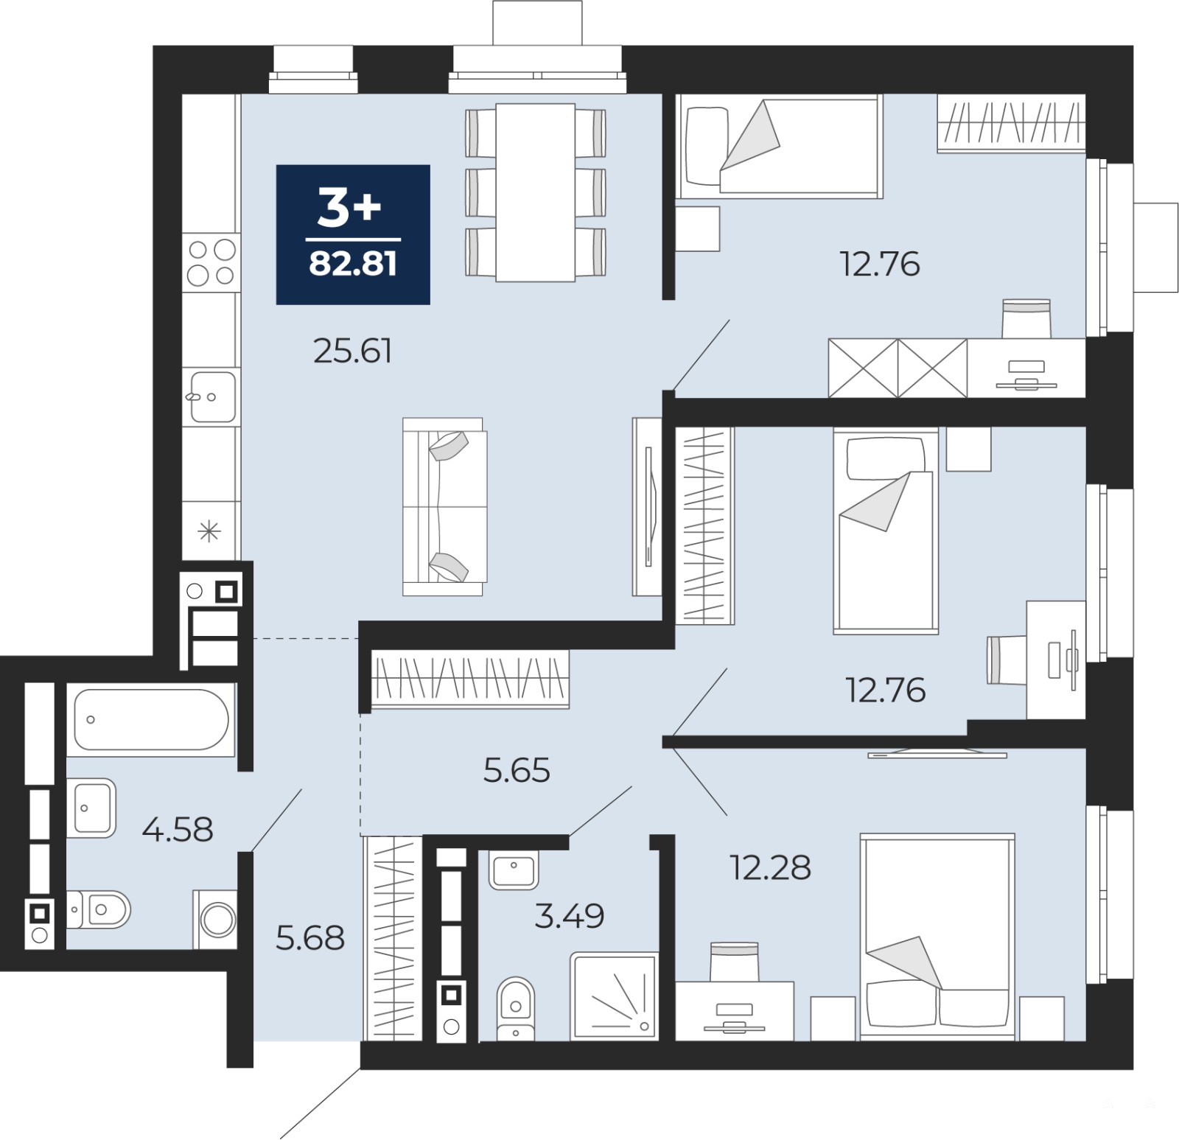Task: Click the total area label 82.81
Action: tap(353, 263)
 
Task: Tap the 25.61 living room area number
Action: tap(352, 351)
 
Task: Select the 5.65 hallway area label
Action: tap(517, 771)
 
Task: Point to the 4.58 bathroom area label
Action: tap(178, 830)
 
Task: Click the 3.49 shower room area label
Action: tap(570, 916)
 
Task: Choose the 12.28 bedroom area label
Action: tap(770, 867)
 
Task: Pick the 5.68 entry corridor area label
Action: tap(310, 938)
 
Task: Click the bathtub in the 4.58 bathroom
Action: tap(151, 719)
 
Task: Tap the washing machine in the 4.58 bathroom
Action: tap(215, 919)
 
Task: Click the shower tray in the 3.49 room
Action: tap(613, 996)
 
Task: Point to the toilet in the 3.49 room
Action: tap(516, 1009)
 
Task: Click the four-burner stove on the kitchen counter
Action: tap(211, 262)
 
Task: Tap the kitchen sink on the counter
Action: tap(211, 396)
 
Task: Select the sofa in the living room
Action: tap(444, 506)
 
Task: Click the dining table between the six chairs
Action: tap(535, 192)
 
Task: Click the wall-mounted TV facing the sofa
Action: tap(647, 506)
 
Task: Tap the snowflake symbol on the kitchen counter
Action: tap(210, 531)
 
